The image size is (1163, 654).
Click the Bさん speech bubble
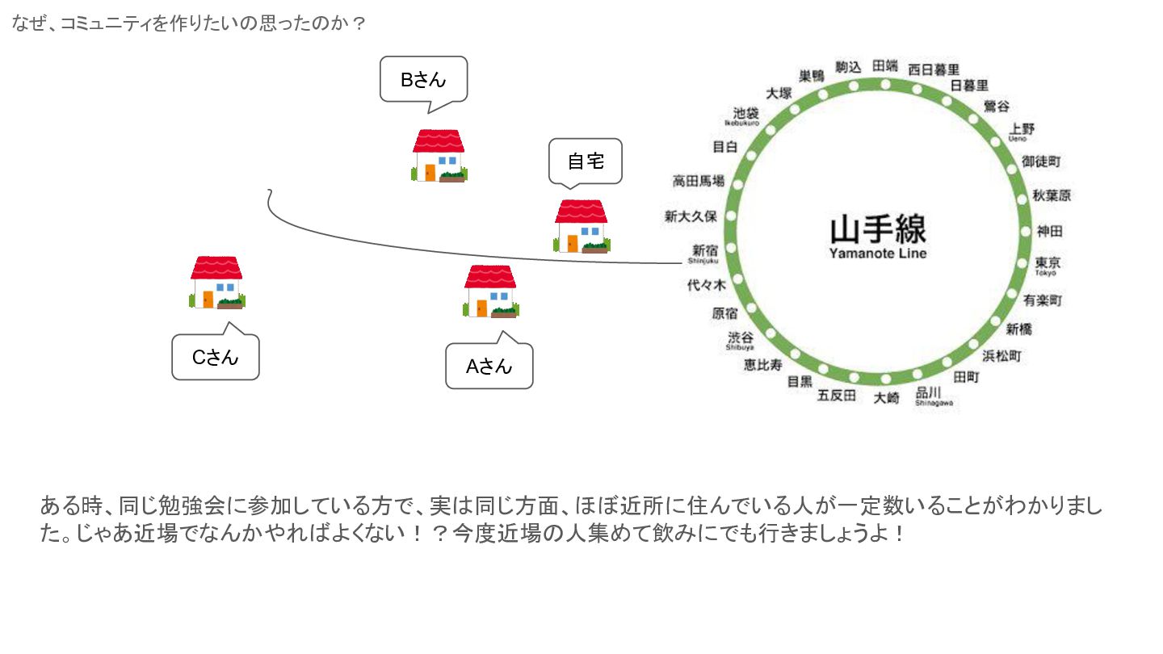point(423,79)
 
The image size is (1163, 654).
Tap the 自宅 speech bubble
point(586,161)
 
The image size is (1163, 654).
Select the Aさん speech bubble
point(489,367)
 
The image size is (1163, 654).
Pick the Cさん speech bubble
point(215,358)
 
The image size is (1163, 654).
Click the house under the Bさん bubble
point(439,156)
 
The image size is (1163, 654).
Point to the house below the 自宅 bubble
point(581,226)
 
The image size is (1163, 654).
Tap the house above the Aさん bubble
point(490,291)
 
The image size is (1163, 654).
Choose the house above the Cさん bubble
point(216,283)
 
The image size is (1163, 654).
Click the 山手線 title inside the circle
point(878,229)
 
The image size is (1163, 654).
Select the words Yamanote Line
point(878,254)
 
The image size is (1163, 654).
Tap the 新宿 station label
point(704,250)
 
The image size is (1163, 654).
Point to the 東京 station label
point(1048,263)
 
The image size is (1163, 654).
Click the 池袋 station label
point(745,113)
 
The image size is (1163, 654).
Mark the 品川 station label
point(928,393)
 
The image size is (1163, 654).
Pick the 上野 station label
point(1022,129)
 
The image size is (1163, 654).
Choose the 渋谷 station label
point(741,337)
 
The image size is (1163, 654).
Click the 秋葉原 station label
point(1052,196)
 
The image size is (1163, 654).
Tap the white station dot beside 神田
point(1019,232)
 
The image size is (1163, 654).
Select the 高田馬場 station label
point(699,182)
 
